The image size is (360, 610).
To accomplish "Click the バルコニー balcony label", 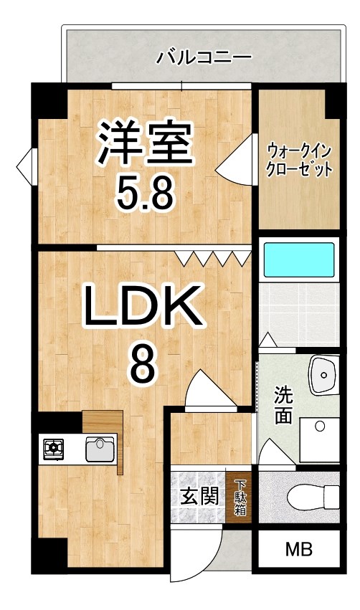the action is point(204,58).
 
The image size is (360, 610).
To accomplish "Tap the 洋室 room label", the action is point(145,143).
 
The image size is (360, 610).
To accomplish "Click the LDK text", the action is point(143,305).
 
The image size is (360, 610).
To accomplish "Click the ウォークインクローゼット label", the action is point(299,160).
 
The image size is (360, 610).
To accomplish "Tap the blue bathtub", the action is point(299,259).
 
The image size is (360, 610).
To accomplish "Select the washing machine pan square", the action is point(320,439).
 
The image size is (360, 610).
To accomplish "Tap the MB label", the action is point(299,550).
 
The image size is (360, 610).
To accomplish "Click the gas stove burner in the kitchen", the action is point(53,448).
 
